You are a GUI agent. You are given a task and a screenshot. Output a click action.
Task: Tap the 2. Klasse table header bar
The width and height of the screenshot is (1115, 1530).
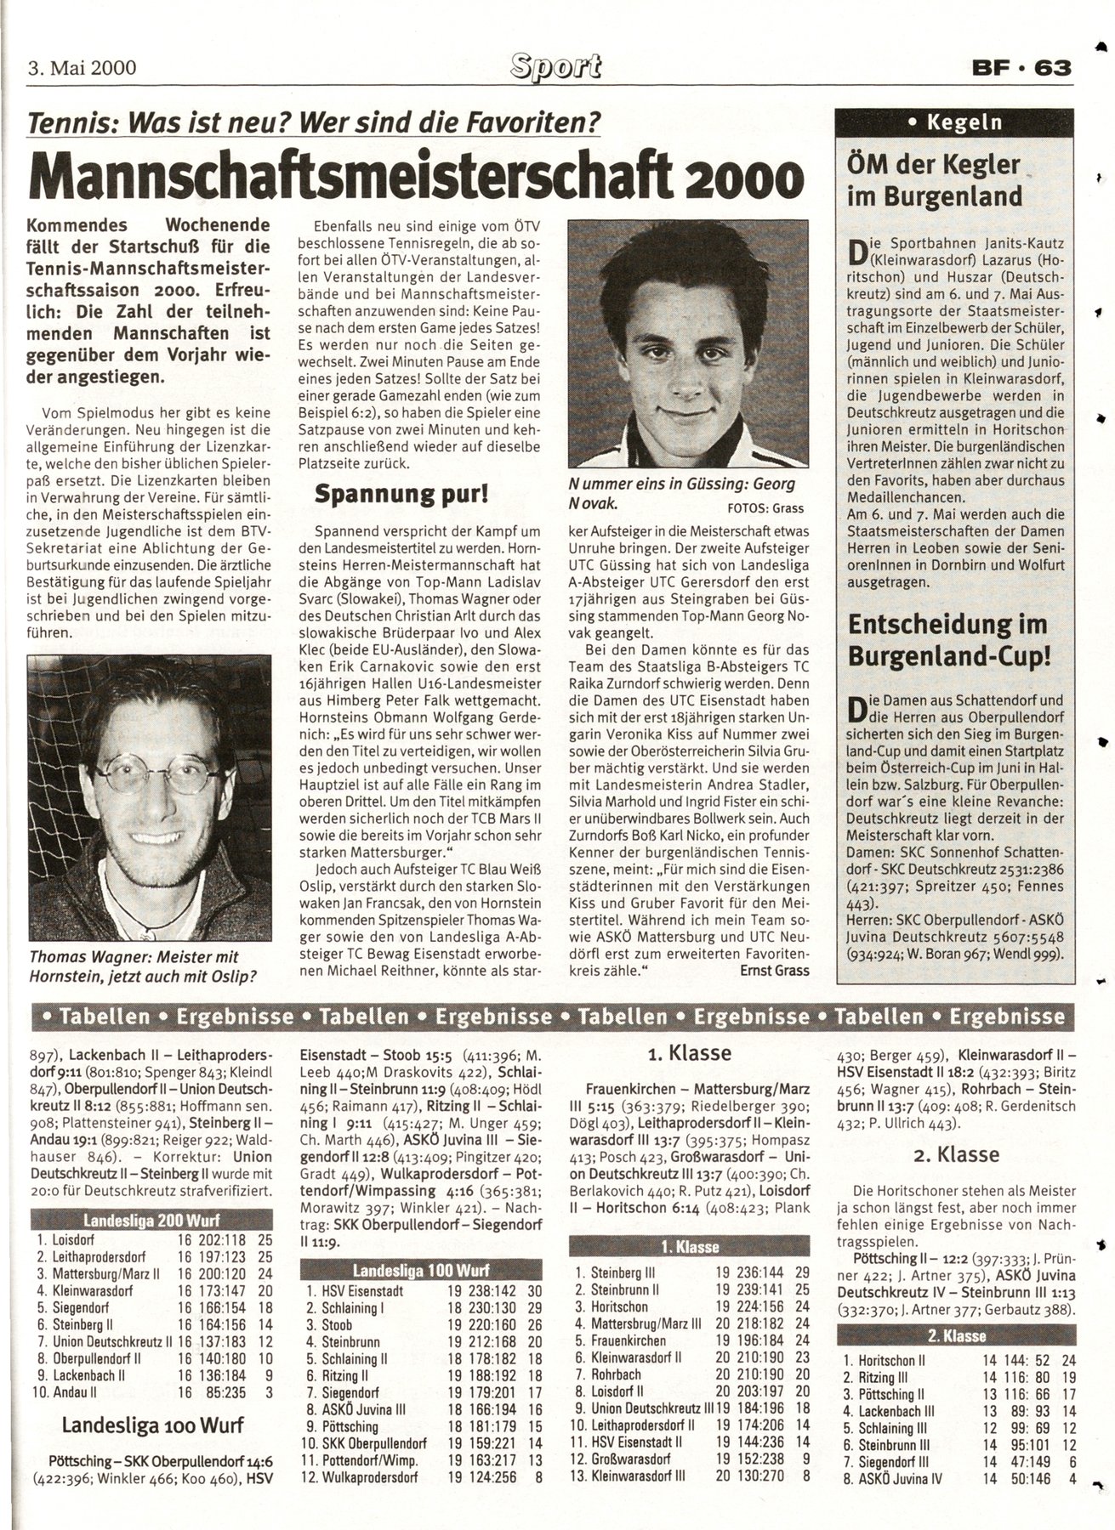click(957, 1336)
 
